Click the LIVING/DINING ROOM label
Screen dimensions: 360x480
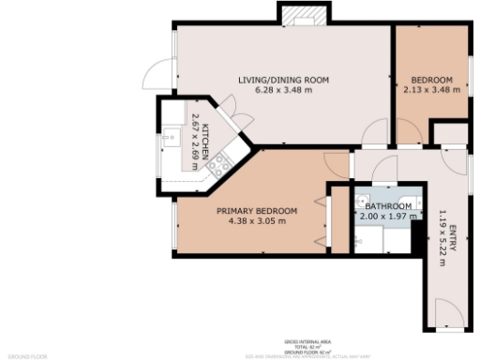click(282, 80)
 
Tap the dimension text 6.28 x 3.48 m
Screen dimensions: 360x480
click(282, 91)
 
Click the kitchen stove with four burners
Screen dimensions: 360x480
click(218, 166)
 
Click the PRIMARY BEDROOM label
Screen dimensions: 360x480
click(257, 211)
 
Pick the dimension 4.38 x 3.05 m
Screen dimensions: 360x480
click(257, 222)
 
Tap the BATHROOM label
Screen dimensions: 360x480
click(387, 206)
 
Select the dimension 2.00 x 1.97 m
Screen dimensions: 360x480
click(387, 217)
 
